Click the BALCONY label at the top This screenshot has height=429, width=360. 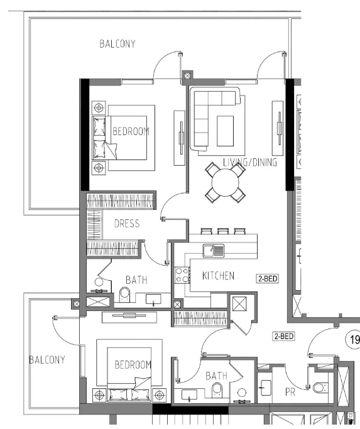coord(117,44)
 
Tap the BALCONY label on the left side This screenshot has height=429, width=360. coord(46,360)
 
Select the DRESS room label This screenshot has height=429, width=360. coord(126,224)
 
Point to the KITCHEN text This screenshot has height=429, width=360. coord(218,276)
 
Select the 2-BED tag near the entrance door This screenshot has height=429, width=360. coord(283,337)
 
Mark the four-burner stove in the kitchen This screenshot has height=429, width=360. coord(182,274)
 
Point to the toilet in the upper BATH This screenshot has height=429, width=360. coord(124,295)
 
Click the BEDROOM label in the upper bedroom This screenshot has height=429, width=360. coord(131,131)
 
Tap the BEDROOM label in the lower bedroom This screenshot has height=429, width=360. coord(133,365)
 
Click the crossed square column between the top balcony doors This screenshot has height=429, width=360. coord(187,78)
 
